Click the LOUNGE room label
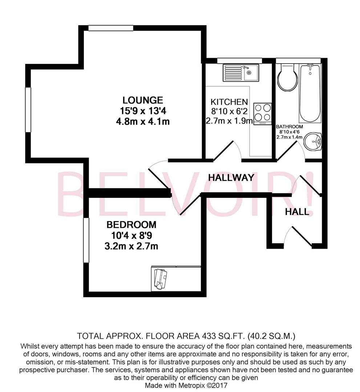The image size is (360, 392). click(x=142, y=100)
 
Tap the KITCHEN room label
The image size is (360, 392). click(x=230, y=102)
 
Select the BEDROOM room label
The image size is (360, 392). click(x=132, y=225)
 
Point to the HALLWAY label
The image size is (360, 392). click(x=231, y=177)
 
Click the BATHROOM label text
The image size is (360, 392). click(x=290, y=127)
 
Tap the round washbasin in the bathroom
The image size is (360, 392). click(x=313, y=141)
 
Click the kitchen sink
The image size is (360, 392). click(x=240, y=73)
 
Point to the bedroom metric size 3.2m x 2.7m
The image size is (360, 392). click(x=132, y=246)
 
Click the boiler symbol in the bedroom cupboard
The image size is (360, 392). click(x=160, y=279)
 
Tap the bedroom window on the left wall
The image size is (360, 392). click(x=86, y=240)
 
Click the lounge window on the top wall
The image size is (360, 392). click(x=110, y=28)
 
